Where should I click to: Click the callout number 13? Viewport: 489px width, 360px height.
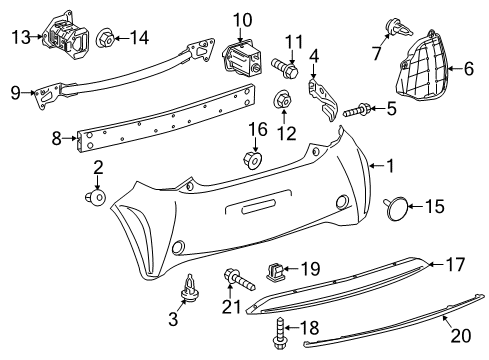pos(21,38)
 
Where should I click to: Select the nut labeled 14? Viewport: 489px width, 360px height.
pos(104,38)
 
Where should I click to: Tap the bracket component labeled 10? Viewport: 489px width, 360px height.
pos(240,55)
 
